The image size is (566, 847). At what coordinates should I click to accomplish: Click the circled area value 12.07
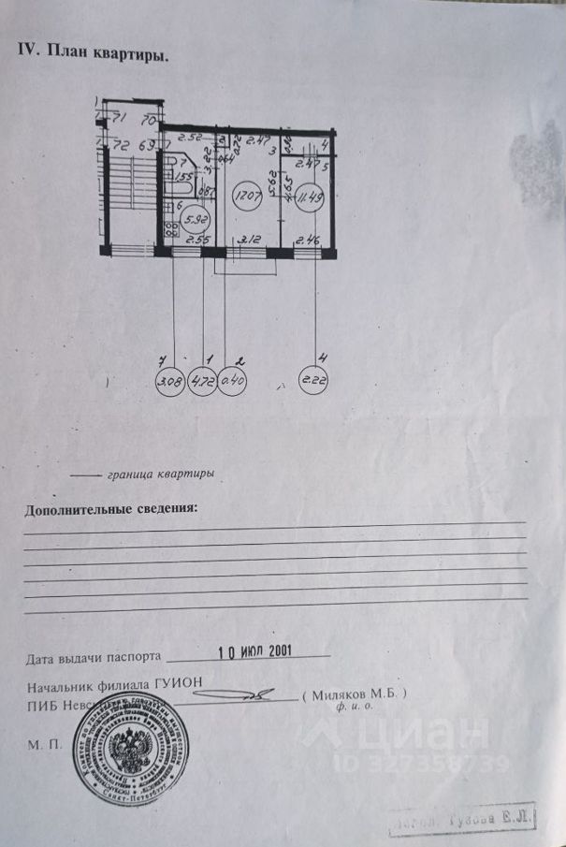click(x=247, y=197)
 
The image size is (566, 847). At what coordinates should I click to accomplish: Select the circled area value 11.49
click(x=310, y=198)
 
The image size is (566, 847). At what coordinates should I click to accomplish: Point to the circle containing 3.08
click(x=170, y=383)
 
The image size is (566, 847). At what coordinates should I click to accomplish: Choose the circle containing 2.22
click(x=312, y=383)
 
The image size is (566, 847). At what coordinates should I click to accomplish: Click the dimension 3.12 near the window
click(x=248, y=241)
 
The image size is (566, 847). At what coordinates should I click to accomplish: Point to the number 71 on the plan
click(x=118, y=119)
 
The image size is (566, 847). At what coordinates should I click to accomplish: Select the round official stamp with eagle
click(x=131, y=749)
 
